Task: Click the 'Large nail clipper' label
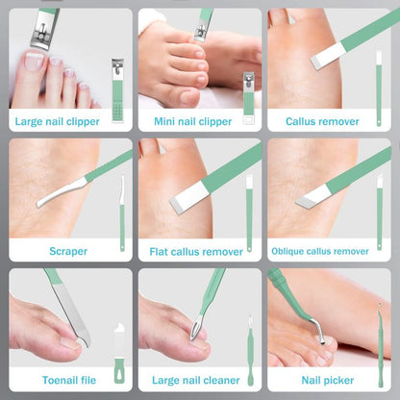(x=68, y=122)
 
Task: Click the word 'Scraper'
(x=68, y=251)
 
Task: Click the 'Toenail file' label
(x=68, y=380)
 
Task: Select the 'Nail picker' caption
(x=328, y=380)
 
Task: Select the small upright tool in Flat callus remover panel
(x=249, y=212)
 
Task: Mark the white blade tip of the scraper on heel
(x=43, y=203)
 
